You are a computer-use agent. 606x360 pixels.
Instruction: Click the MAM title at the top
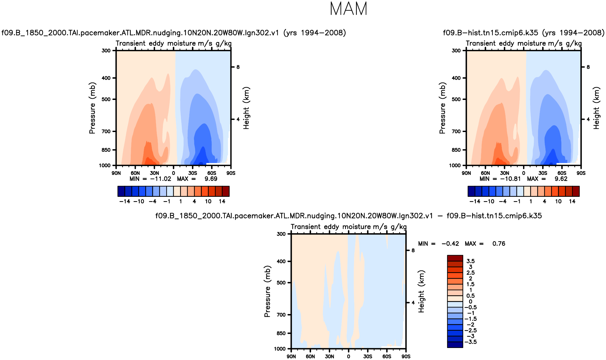pyautogui.click(x=348, y=9)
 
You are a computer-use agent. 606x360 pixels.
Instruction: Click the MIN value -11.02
pyautogui.click(x=160, y=179)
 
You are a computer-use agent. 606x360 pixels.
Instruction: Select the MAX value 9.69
pyautogui.click(x=211, y=179)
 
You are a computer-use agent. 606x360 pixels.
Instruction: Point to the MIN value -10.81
pyautogui.click(x=510, y=179)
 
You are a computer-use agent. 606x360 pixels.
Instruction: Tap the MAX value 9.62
pyautogui.click(x=561, y=179)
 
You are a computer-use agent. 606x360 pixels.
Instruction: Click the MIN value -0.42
pyautogui.click(x=450, y=244)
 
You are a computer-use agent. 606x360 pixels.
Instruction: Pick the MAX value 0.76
pyautogui.click(x=499, y=244)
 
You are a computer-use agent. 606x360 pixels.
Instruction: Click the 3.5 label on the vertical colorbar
pyautogui.click(x=470, y=261)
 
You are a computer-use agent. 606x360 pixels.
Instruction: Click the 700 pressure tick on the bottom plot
pyautogui.click(x=281, y=315)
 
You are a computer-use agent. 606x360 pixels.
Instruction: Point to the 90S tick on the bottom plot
pyautogui.click(x=406, y=357)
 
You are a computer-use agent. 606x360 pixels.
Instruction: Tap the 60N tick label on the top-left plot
pyautogui.click(x=135, y=173)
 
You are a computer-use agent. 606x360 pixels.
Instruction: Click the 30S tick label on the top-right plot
pyautogui.click(x=543, y=173)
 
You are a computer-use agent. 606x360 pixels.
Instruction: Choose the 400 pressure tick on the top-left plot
pyautogui.click(x=106, y=78)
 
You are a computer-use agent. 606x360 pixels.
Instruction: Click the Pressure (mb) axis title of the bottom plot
pyautogui.click(x=267, y=291)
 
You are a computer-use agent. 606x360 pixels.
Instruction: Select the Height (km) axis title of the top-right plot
pyautogui.click(x=596, y=108)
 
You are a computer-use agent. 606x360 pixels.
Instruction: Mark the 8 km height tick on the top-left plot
pyautogui.click(x=238, y=67)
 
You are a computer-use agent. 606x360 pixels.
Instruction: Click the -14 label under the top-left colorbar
pyautogui.click(x=125, y=201)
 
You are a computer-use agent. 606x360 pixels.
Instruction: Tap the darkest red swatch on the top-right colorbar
pyautogui.click(x=576, y=191)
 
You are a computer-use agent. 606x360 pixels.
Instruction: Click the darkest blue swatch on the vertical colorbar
pyautogui.click(x=455, y=345)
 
